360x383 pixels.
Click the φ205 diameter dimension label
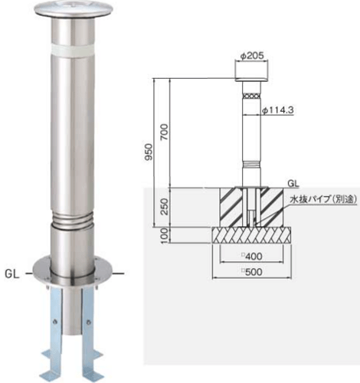[251, 55]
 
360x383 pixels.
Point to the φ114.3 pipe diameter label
[278, 110]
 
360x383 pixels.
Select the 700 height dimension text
[165, 132]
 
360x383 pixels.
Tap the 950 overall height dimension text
[148, 152]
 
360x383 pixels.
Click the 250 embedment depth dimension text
[165, 206]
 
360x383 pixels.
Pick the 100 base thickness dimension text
[165, 235]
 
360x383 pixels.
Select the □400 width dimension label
[252, 256]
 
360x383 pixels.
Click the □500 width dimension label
[252, 272]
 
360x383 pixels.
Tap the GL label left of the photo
[12, 274]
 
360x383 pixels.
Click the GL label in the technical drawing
[293, 183]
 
